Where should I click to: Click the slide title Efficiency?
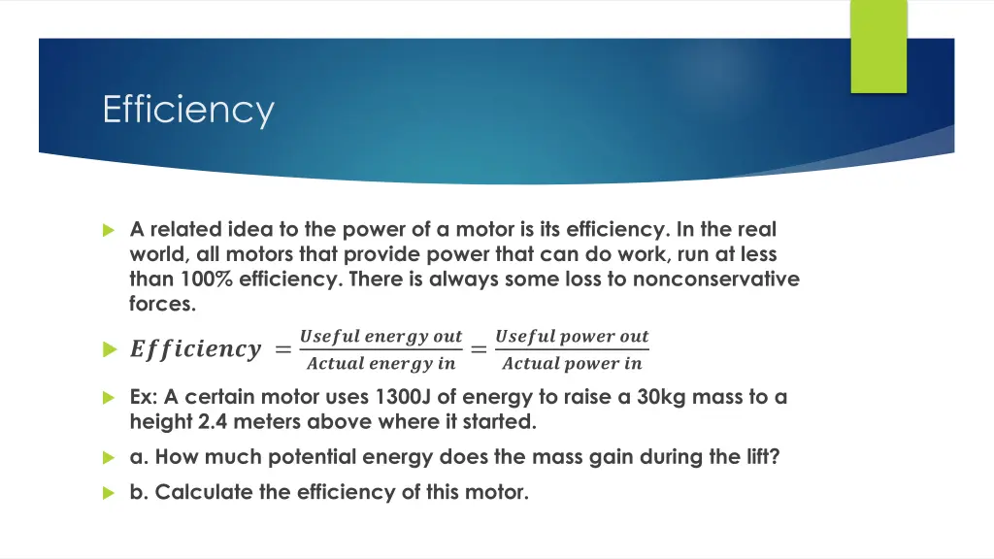click(x=188, y=110)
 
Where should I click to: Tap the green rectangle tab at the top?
click(x=878, y=47)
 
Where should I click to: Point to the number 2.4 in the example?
click(x=201, y=422)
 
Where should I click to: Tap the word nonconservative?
click(x=716, y=279)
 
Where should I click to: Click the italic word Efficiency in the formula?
click(x=195, y=350)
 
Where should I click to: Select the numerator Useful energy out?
click(x=381, y=337)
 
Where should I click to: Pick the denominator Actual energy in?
click(x=381, y=365)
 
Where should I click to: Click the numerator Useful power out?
click(x=572, y=337)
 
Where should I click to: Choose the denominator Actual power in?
click(x=572, y=365)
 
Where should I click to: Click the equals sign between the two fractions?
click(x=479, y=350)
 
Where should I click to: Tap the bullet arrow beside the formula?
click(x=109, y=350)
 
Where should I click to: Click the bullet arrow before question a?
click(x=109, y=457)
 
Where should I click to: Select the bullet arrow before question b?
click(x=109, y=493)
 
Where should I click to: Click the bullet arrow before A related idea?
click(x=109, y=231)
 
